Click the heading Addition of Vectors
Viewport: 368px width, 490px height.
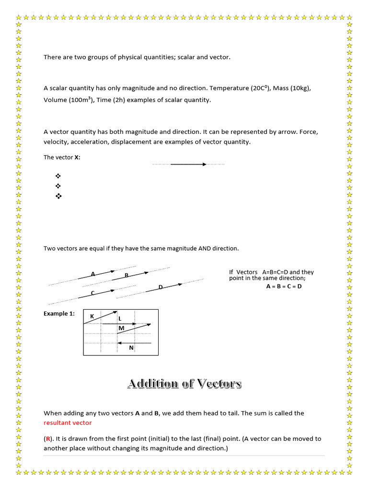184,384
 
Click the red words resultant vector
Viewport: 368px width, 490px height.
68,423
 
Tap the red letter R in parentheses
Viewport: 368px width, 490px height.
48,439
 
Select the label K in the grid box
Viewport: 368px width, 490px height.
92,316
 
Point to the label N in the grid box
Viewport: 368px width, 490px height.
131,348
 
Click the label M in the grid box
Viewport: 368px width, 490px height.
121,328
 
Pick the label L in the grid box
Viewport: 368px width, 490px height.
120,318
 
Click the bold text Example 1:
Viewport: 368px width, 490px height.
59,313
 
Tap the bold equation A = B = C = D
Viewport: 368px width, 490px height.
284,287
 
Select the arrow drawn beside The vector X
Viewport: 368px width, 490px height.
188,164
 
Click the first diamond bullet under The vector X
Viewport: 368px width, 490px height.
59,176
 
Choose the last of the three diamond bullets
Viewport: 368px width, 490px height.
59,196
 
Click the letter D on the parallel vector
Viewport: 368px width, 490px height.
161,287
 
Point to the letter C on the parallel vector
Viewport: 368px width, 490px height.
92,293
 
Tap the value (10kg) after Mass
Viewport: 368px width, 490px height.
293,89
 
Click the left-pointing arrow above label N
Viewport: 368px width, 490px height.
134,343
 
